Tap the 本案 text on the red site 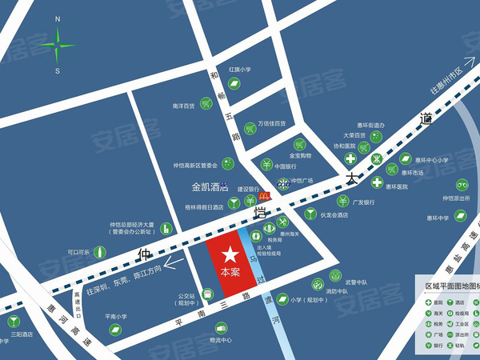pos(230,273)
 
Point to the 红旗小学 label pos(240,70)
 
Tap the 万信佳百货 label pos(272,124)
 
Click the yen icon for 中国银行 pos(266,166)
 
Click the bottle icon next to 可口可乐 pos(99,250)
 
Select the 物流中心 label pos(220,340)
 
